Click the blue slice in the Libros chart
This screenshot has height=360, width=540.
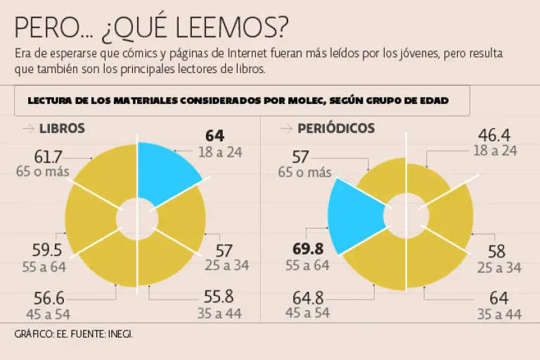[x=169, y=172]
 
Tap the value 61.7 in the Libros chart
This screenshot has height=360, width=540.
[x=49, y=157]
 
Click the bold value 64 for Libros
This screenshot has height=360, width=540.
[x=214, y=136]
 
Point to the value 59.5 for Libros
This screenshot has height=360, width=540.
[x=47, y=250]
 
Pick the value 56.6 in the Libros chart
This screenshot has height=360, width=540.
[x=48, y=298]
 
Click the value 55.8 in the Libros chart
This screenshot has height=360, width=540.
[x=219, y=296]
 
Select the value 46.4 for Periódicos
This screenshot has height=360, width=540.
[x=494, y=135]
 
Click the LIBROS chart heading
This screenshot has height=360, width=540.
[x=63, y=129]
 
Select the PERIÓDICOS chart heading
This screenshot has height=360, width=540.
[x=336, y=129]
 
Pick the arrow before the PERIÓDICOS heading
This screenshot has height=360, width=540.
[x=286, y=129]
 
